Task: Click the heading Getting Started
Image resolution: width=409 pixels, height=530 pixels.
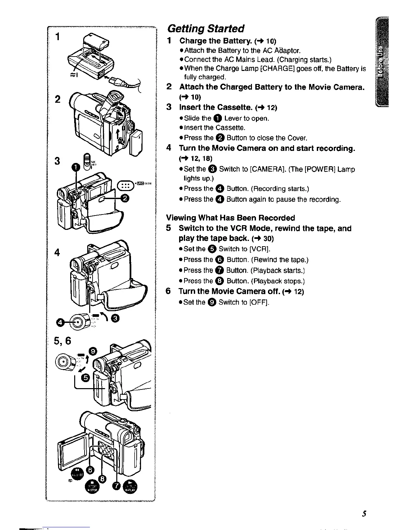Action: tap(206, 28)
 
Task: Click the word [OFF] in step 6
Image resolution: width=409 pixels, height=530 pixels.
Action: tap(259, 302)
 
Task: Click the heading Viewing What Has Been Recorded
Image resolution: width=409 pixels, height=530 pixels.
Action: tap(231, 218)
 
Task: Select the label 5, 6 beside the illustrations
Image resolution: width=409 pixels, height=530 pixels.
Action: tap(63, 341)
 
